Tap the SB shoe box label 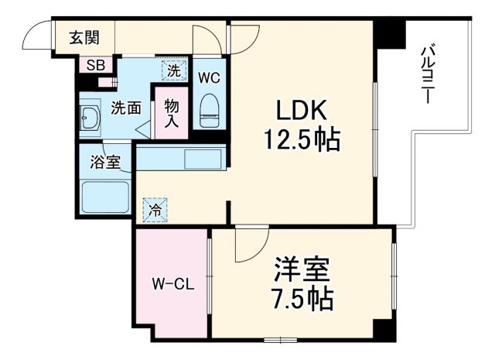[95, 65]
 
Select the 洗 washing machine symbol [174, 70]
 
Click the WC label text [209, 77]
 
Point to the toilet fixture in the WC [210, 110]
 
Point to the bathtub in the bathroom [104, 197]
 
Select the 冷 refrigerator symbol [155, 208]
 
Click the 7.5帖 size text [302, 299]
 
